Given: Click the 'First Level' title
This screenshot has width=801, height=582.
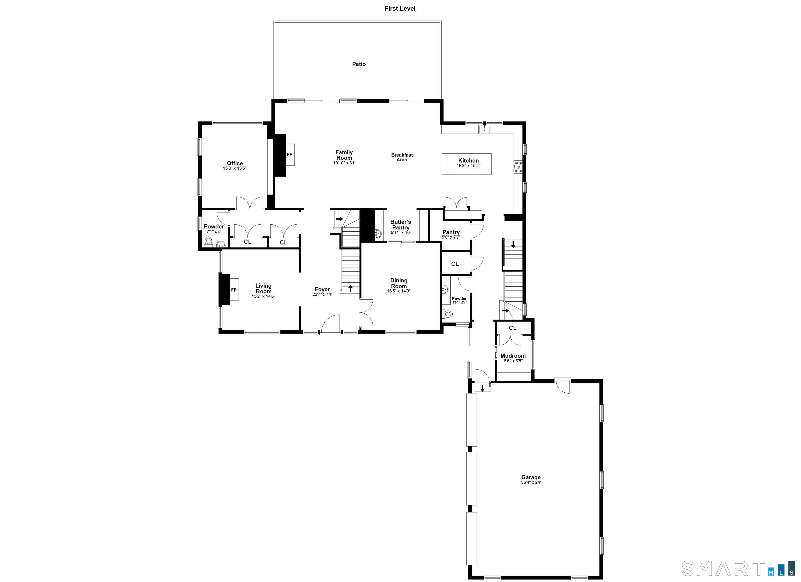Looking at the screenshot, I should [x=400, y=9].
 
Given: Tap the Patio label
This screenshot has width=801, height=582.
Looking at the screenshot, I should [x=359, y=64].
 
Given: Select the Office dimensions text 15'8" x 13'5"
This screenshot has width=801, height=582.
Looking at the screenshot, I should [x=234, y=168].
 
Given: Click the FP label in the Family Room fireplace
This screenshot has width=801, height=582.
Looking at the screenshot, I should [x=290, y=154].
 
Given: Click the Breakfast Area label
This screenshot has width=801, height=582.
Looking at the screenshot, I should [x=402, y=157].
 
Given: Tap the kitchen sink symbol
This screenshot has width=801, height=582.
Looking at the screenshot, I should [x=484, y=129].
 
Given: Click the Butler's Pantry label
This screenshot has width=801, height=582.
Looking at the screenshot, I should [x=400, y=225].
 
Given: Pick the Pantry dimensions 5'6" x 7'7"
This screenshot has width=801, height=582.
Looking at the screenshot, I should [x=451, y=237].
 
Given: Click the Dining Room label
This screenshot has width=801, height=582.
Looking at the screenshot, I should [x=399, y=283].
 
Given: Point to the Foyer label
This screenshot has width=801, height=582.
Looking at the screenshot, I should [x=322, y=289].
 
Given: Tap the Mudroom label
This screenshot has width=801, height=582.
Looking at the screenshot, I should [x=513, y=356].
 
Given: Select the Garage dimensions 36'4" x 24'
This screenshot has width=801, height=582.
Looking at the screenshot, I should [x=531, y=482].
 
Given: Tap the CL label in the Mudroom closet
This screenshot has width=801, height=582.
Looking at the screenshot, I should [x=513, y=328].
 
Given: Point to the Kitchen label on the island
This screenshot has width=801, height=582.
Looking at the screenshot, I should [x=468, y=160].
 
